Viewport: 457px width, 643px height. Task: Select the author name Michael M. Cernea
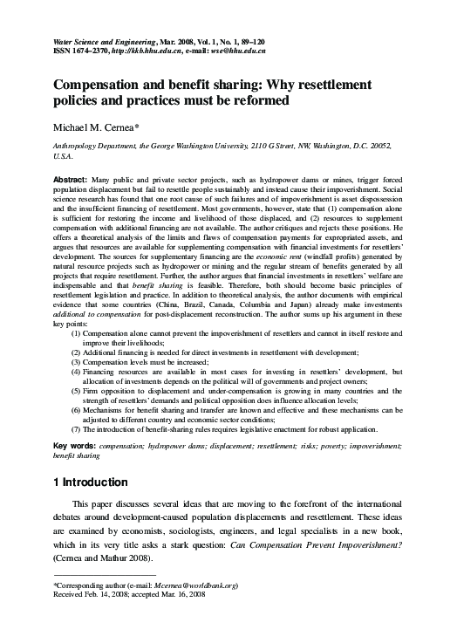99,130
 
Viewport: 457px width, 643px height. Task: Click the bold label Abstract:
72,178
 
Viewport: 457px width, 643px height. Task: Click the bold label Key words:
75,445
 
